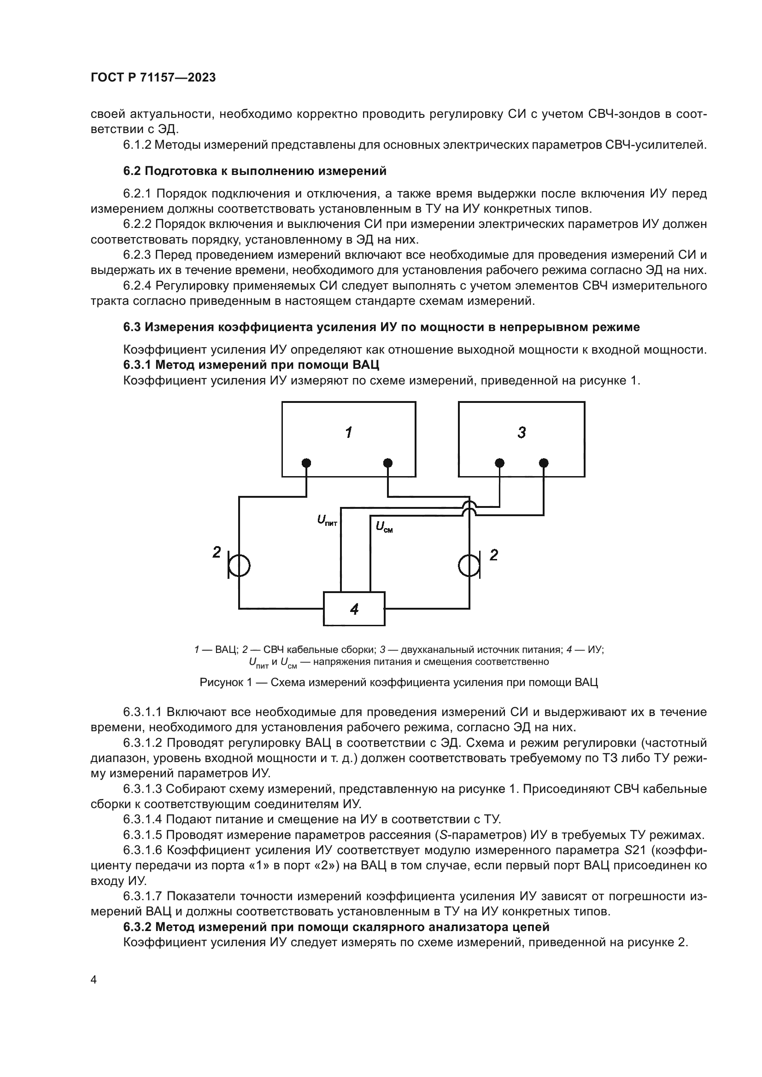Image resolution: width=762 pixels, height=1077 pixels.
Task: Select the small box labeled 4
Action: (354, 609)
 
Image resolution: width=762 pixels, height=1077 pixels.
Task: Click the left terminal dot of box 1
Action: (306, 463)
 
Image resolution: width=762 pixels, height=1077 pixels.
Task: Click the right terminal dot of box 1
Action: (387, 463)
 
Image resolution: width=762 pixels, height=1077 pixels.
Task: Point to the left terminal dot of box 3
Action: (500, 463)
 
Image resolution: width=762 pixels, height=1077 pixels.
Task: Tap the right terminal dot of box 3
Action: (543, 463)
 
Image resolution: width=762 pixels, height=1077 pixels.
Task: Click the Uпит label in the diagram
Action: (327, 520)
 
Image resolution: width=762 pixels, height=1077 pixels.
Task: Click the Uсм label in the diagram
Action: (384, 527)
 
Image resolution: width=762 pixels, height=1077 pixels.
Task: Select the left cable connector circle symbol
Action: (239, 566)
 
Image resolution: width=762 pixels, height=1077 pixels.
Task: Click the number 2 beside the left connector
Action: (217, 553)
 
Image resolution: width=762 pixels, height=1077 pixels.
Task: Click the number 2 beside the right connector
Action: (493, 555)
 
